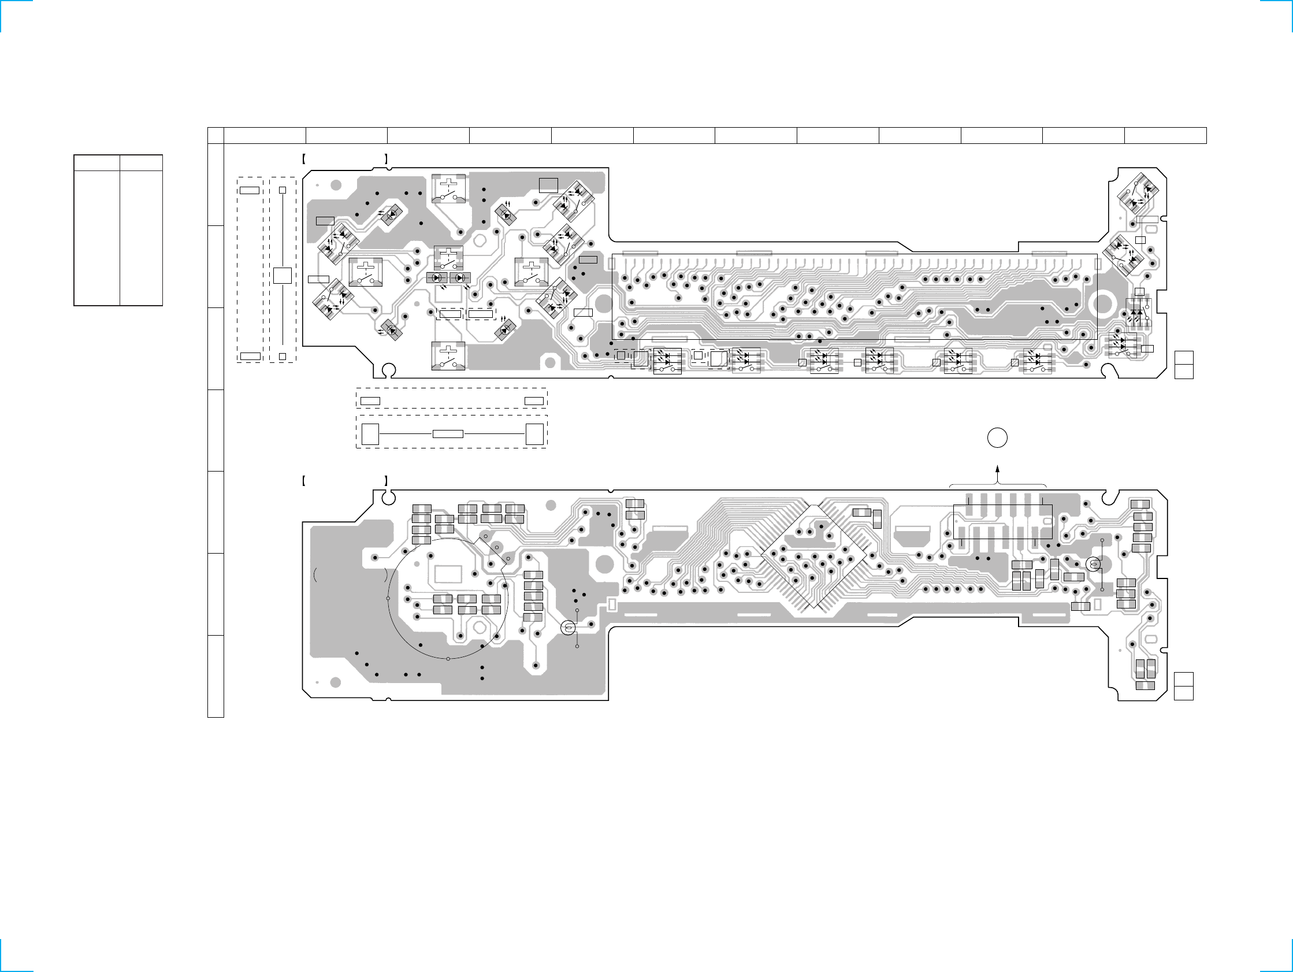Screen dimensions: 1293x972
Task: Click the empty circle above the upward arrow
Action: click(x=997, y=438)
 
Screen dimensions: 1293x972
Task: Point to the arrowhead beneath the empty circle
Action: click(x=997, y=469)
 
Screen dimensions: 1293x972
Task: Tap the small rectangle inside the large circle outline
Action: click(x=449, y=574)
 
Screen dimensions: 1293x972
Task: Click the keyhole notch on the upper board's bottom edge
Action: click(x=388, y=370)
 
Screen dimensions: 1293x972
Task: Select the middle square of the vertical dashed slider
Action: click(x=283, y=276)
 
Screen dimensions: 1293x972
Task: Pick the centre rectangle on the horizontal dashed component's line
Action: click(x=448, y=434)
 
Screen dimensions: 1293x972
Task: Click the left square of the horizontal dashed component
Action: click(x=370, y=434)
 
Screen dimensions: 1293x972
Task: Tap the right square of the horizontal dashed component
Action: click(x=534, y=434)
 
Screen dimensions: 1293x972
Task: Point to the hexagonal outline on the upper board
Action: click(x=481, y=240)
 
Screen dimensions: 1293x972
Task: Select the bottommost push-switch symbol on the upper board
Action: click(x=448, y=356)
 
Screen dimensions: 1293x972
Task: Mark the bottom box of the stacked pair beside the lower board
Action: click(x=1184, y=692)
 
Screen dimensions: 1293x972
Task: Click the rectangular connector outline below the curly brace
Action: click(x=1002, y=522)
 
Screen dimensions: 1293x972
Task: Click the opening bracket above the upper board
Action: click(x=304, y=158)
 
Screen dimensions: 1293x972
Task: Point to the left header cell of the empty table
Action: click(x=96, y=162)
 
